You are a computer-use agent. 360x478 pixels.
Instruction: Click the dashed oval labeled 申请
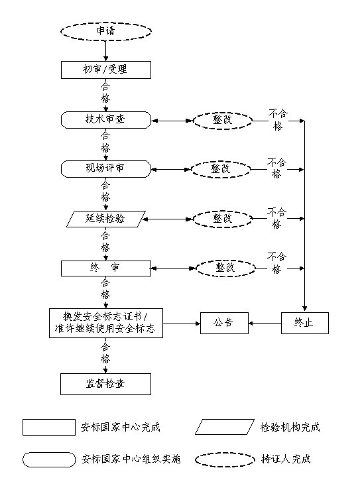pyautogui.click(x=106, y=31)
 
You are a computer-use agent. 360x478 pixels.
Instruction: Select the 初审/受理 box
pyautogui.click(x=106, y=70)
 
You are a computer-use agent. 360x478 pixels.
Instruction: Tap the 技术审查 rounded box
pyautogui.click(x=106, y=120)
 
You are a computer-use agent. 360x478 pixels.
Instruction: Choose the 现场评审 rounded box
pyautogui.click(x=106, y=169)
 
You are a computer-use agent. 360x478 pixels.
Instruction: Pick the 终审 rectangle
pyautogui.click(x=106, y=269)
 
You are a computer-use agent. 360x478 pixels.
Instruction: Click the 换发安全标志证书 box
pyautogui.click(x=106, y=323)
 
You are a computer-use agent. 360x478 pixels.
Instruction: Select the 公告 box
pyautogui.click(x=224, y=323)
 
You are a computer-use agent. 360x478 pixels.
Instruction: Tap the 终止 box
pyautogui.click(x=304, y=323)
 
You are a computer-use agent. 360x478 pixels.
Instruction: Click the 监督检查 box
pyautogui.click(x=105, y=384)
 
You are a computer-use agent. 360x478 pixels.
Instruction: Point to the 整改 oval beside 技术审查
pyautogui.click(x=223, y=121)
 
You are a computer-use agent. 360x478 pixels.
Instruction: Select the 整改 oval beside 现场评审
pyautogui.click(x=221, y=169)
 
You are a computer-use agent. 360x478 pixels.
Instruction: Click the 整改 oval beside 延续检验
pyautogui.click(x=223, y=219)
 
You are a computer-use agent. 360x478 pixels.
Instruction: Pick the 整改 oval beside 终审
pyautogui.click(x=225, y=269)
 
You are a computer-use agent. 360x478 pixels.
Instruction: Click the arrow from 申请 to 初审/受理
pyautogui.click(x=106, y=50)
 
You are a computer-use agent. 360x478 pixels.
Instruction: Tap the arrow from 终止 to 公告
pyautogui.click(x=265, y=323)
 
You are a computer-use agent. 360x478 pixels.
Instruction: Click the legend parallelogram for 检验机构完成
pyautogui.click(x=225, y=427)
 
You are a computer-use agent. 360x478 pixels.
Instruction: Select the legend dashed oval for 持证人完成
pyautogui.click(x=225, y=459)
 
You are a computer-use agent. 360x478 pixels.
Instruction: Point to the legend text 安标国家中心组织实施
pyautogui.click(x=131, y=459)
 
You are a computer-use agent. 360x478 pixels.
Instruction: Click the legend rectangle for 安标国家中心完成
pyautogui.click(x=49, y=427)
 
